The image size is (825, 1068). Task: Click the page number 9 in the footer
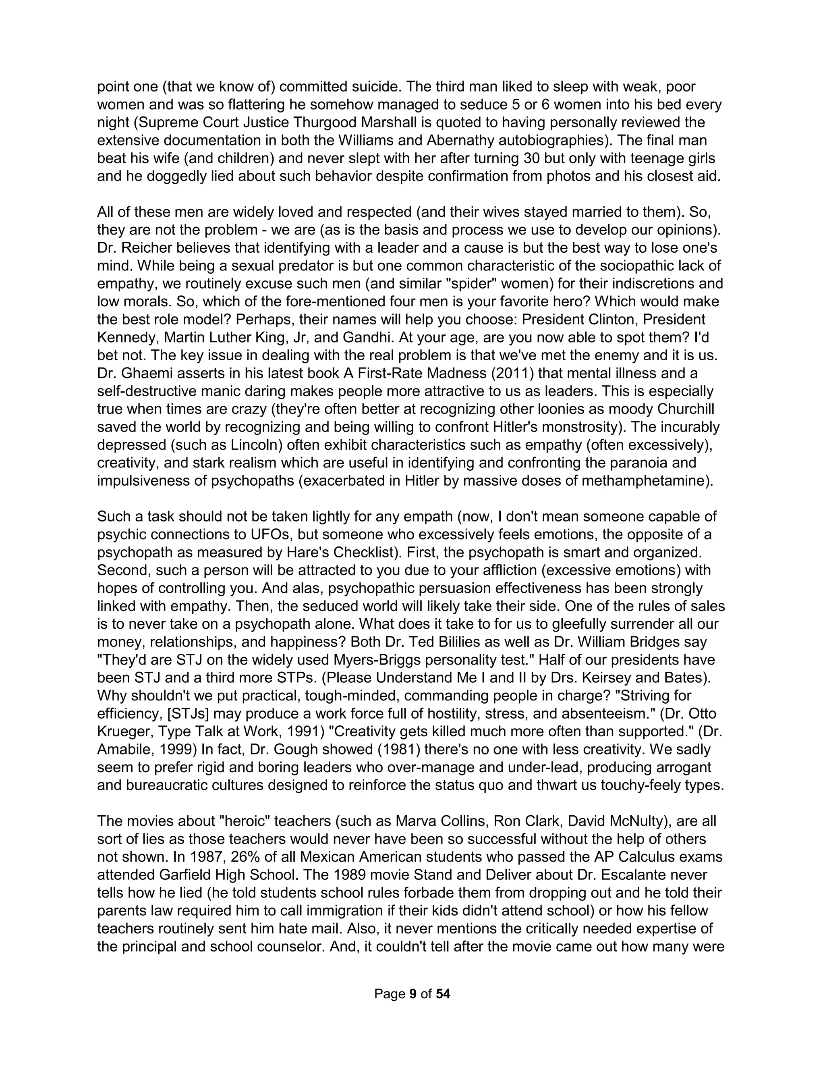412,994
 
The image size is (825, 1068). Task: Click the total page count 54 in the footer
443,994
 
